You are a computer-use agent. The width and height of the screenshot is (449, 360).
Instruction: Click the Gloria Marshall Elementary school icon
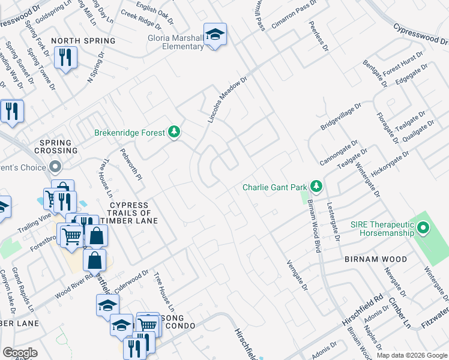(x=214, y=34)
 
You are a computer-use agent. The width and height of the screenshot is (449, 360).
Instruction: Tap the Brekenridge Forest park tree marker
(x=174, y=132)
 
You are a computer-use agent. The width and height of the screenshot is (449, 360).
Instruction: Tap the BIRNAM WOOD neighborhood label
(x=376, y=259)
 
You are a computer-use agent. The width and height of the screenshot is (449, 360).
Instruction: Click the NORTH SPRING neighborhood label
(x=83, y=41)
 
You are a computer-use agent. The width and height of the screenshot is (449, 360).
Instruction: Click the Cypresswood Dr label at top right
(x=421, y=34)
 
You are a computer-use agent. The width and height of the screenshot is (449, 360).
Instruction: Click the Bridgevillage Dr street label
(x=340, y=116)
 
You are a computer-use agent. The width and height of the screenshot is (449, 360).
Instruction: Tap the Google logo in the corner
(x=20, y=353)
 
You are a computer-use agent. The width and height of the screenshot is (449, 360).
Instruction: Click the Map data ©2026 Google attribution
(x=412, y=355)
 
